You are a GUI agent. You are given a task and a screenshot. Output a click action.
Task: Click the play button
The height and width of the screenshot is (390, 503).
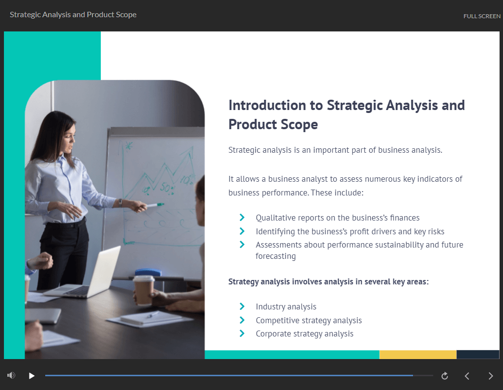[x=31, y=376]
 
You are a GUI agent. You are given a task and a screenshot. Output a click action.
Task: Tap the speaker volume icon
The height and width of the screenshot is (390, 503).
[x=11, y=375]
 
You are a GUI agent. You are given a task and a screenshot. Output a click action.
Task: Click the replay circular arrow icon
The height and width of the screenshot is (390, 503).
[x=444, y=376]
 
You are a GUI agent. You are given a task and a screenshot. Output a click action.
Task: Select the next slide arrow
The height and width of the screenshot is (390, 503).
[x=491, y=376]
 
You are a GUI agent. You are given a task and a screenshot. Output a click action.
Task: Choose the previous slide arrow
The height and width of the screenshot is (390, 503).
[x=467, y=376]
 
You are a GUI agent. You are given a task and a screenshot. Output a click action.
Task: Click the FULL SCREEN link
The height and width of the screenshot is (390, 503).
[x=482, y=16]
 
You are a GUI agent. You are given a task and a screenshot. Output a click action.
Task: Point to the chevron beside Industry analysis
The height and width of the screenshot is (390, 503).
[x=242, y=306]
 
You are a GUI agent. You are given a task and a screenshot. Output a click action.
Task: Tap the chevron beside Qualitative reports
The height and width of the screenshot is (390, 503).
[x=242, y=217]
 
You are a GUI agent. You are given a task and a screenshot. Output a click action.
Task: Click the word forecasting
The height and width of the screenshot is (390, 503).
[x=275, y=256]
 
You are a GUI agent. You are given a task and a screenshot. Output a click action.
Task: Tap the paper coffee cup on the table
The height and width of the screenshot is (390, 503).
[x=144, y=290]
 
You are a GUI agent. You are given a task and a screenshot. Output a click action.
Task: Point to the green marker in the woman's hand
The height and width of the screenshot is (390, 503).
[x=155, y=205]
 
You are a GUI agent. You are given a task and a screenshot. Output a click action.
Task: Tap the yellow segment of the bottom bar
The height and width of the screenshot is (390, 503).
[x=417, y=355]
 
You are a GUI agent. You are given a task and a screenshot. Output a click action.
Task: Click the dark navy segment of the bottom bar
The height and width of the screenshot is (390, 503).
[x=477, y=355]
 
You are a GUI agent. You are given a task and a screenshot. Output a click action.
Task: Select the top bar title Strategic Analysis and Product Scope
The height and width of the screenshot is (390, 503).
[x=73, y=15]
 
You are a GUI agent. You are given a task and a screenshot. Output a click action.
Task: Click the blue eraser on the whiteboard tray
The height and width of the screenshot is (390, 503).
[x=148, y=273]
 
